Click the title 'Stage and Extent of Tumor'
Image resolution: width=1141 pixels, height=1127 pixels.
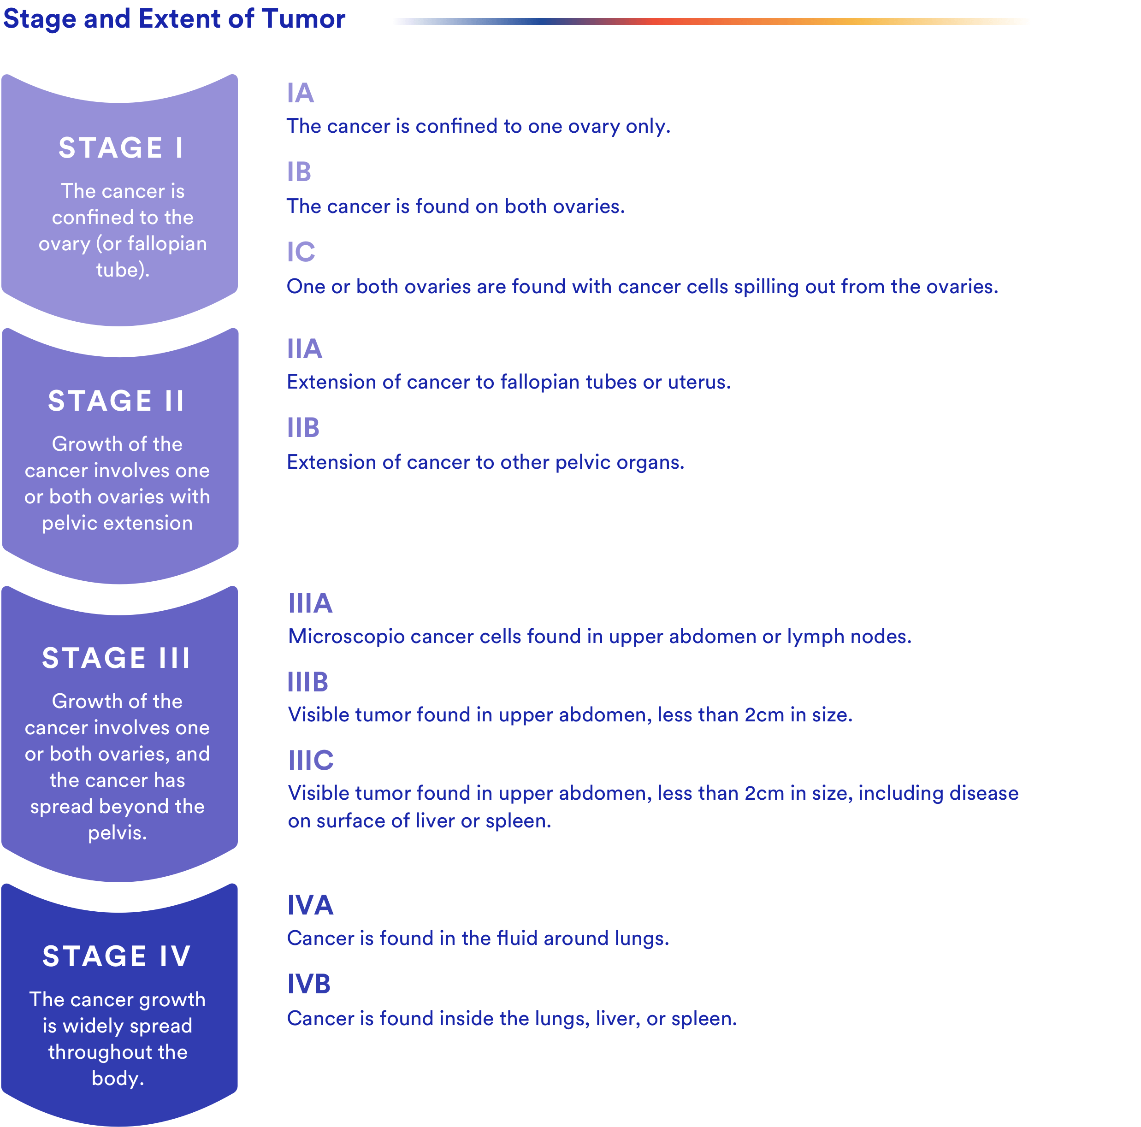coord(174,19)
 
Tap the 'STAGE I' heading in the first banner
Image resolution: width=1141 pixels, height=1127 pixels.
coord(121,148)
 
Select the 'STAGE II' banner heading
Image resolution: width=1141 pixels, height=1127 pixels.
coord(116,401)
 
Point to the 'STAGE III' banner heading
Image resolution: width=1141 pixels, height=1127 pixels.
coord(116,658)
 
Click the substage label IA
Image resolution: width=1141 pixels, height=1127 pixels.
coord(300,93)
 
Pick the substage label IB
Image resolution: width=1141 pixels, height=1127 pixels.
coord(299,172)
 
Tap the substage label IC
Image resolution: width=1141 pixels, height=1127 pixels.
coord(301,252)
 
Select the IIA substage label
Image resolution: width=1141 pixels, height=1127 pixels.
coord(305,349)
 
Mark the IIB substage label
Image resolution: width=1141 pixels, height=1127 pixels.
coord(303,428)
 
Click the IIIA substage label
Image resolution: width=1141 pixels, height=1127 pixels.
coord(310,603)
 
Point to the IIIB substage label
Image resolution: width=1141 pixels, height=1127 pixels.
coord(307,683)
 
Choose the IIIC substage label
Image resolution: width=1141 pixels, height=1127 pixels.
coord(311,761)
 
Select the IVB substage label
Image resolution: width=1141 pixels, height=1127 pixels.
coord(309,984)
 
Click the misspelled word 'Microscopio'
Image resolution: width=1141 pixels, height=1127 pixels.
coord(347,637)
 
